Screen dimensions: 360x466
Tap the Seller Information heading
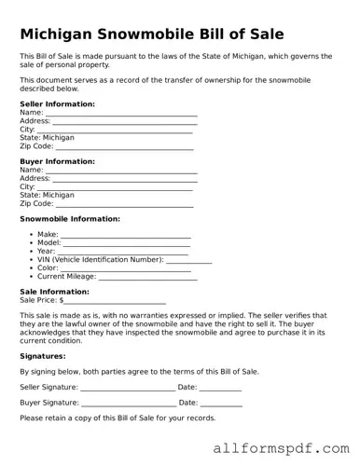click(57, 103)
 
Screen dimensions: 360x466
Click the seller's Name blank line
click(120, 114)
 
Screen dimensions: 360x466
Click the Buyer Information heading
click(57, 161)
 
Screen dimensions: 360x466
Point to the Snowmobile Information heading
click(69, 219)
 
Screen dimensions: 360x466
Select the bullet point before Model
click(31, 243)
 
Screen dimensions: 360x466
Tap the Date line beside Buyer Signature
click(221, 404)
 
